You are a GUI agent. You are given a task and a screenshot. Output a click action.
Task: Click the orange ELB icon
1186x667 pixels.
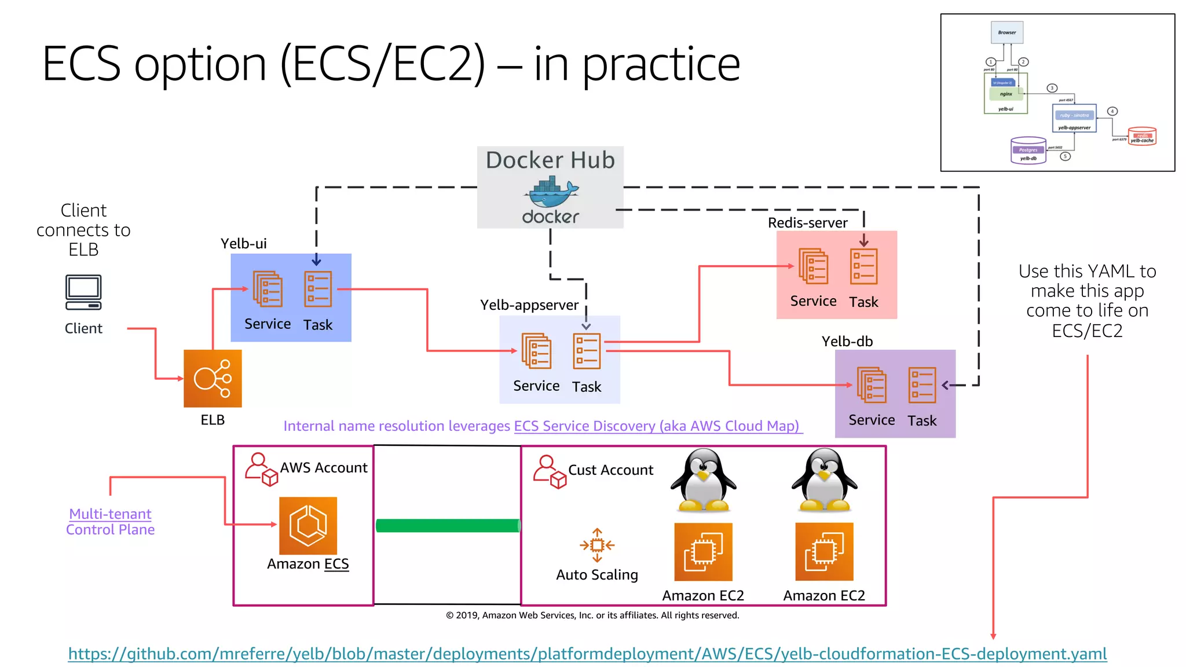(213, 378)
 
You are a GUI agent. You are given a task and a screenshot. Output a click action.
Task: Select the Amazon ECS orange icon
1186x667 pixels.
(308, 526)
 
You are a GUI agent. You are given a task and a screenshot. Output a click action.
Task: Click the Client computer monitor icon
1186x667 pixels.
(83, 292)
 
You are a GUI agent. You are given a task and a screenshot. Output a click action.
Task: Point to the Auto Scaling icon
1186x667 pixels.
(597, 545)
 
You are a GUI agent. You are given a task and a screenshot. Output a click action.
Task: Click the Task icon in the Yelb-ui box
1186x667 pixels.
(318, 289)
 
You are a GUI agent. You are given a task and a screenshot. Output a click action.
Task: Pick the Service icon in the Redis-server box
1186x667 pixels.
(813, 266)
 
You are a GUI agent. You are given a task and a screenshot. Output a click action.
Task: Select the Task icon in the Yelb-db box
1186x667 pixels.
(922, 385)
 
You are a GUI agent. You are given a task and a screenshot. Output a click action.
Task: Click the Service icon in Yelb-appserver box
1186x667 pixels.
(536, 351)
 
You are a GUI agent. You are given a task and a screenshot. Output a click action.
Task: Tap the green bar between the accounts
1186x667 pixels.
(448, 526)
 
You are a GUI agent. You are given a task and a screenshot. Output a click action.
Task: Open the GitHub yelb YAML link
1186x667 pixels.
(587, 654)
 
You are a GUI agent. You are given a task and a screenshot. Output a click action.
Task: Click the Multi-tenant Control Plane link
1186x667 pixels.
(110, 522)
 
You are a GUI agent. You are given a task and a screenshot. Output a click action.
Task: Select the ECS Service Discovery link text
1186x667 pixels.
(657, 426)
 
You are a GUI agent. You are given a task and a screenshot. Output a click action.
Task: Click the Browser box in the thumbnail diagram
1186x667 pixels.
(1006, 32)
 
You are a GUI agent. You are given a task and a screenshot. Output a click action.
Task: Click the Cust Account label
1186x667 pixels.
(610, 470)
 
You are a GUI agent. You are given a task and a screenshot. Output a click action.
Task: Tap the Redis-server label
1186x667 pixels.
(807, 223)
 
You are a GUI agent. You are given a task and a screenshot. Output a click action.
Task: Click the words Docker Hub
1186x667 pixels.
(550, 160)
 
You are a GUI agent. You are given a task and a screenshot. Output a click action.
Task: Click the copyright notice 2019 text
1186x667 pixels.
(592, 615)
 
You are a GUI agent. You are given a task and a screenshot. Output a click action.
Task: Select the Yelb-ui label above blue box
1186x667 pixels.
(244, 244)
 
